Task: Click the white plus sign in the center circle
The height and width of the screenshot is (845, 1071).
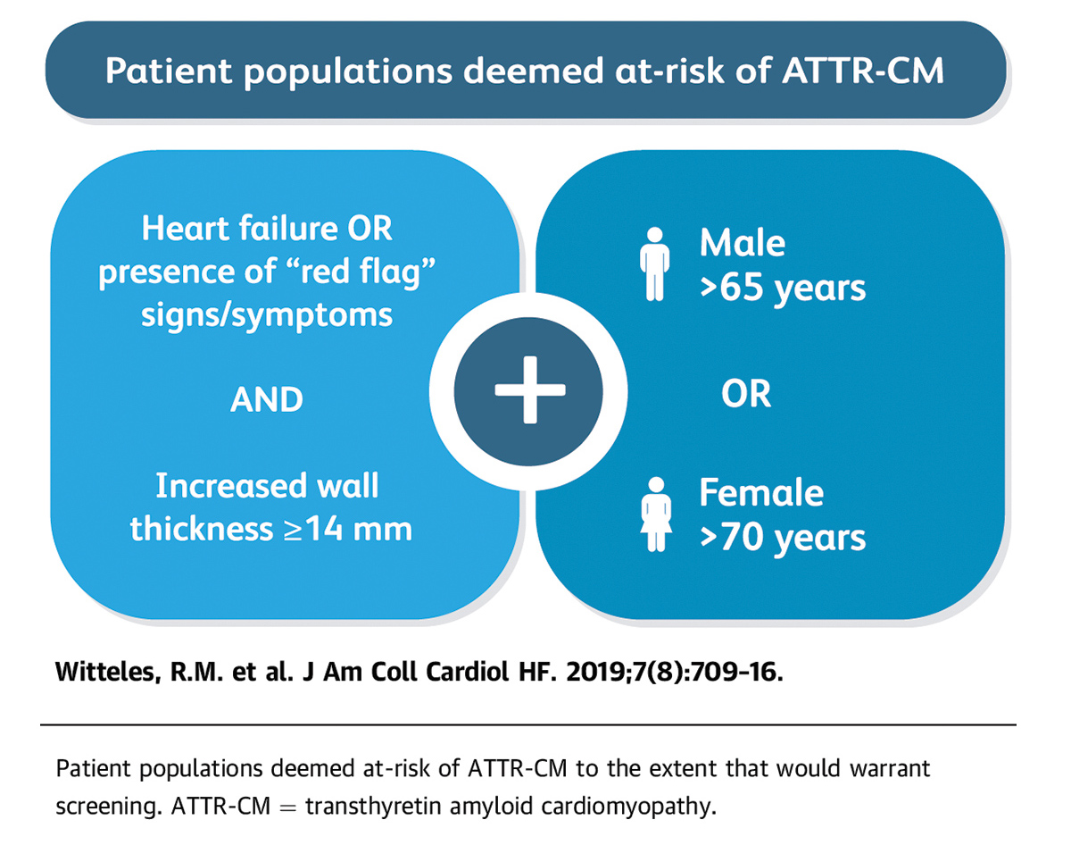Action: coord(530,389)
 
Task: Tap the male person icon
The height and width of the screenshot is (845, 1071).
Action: coord(654,264)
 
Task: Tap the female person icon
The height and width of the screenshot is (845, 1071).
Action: coord(656,515)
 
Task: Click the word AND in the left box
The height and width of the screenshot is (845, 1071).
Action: coord(267,399)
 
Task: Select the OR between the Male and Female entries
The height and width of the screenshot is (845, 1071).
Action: coord(746,394)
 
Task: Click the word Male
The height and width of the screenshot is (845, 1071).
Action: coord(742,243)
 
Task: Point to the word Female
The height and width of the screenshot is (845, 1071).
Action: coord(761,492)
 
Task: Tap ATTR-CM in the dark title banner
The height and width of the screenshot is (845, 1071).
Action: coord(863,71)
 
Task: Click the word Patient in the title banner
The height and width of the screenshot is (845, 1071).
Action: coord(169,71)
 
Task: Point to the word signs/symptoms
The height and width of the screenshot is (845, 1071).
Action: coord(267,316)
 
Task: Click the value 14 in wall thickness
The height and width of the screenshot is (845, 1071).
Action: coord(323,529)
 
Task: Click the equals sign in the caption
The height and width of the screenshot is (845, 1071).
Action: coord(287,807)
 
